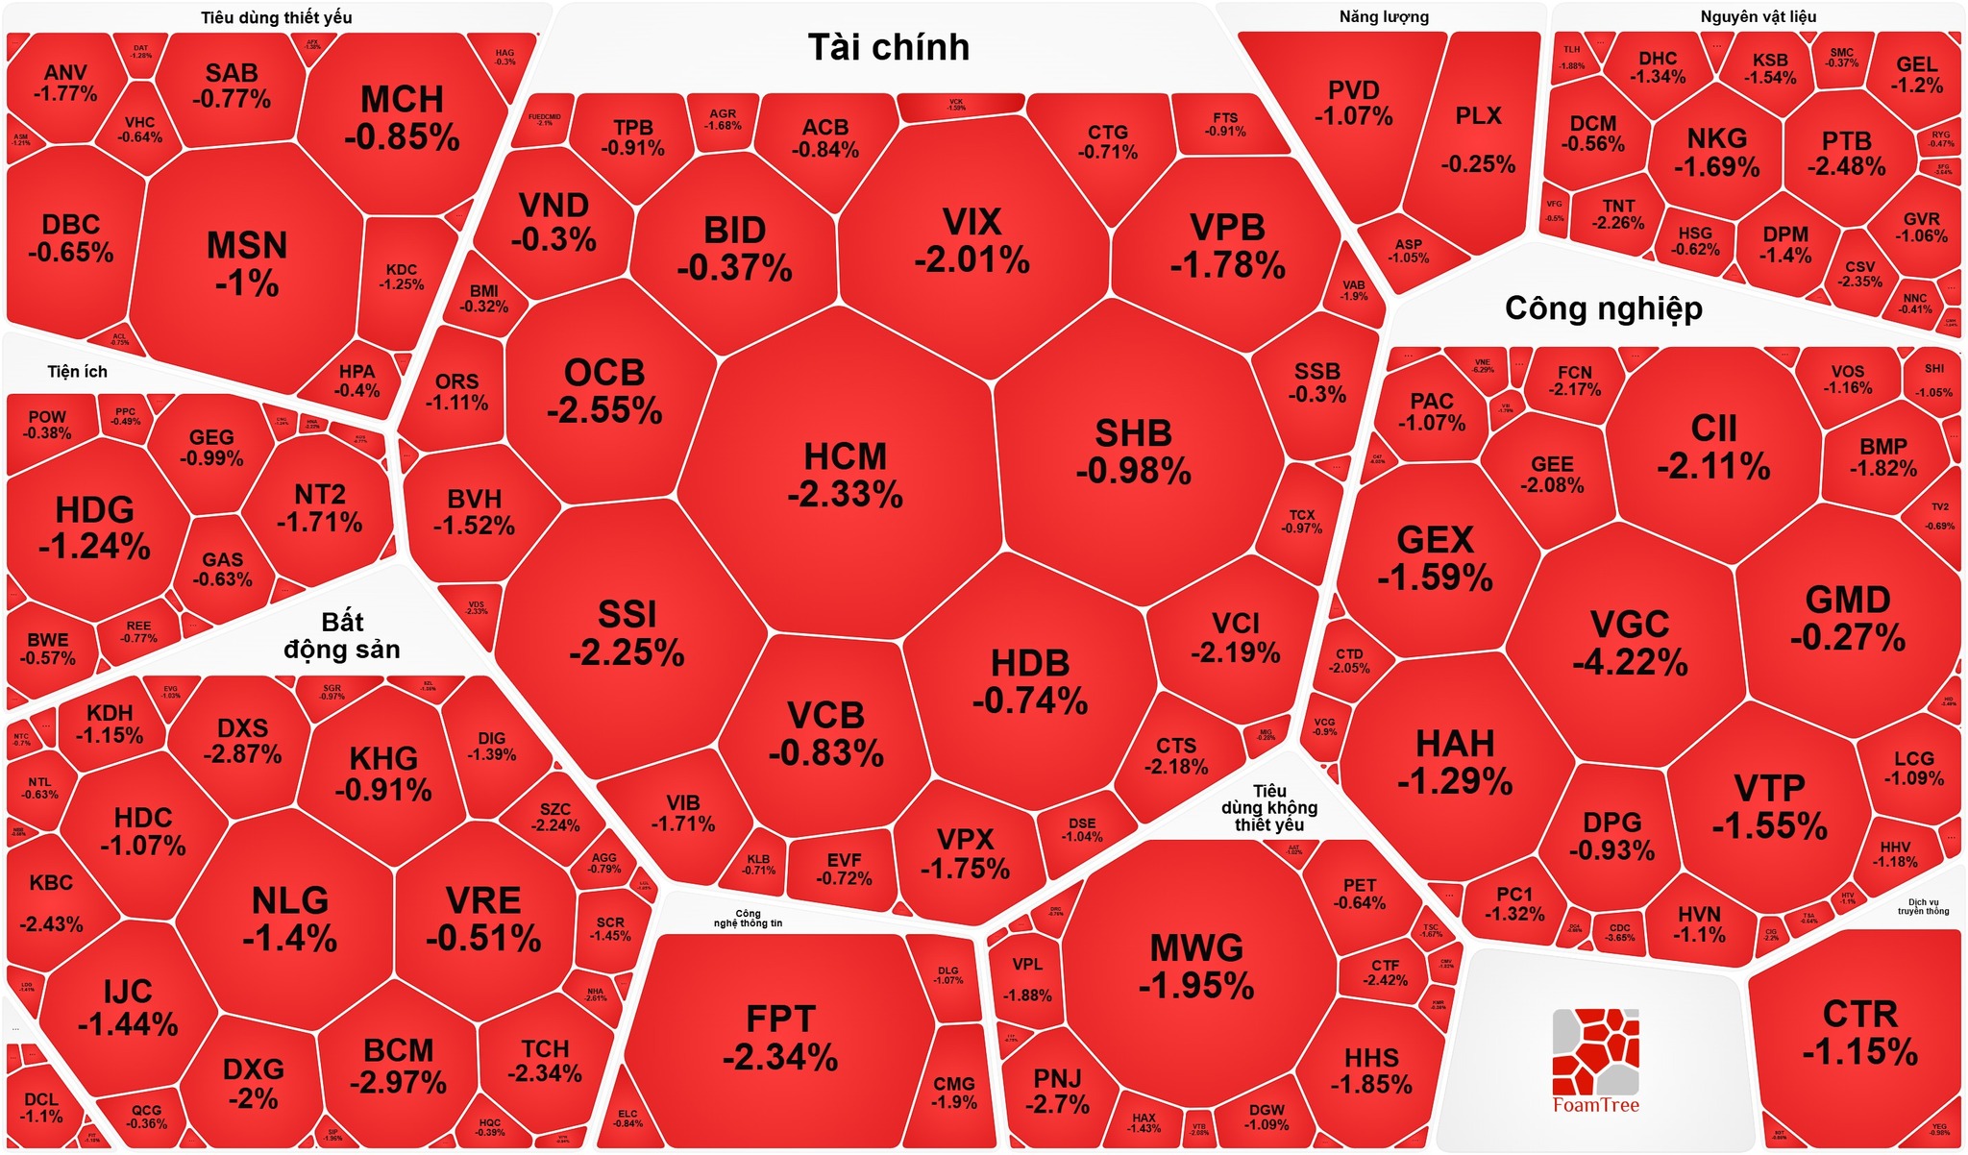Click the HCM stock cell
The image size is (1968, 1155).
coord(845,476)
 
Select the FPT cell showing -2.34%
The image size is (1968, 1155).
coord(780,1038)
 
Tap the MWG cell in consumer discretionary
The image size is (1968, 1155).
coord(1196,967)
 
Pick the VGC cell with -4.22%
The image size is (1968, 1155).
coord(1630,643)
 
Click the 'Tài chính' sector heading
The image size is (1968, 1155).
coord(888,48)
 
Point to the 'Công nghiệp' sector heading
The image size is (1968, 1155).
coord(1603,308)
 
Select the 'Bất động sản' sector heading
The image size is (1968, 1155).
coord(342,635)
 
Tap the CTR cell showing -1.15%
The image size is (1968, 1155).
coord(1859,1033)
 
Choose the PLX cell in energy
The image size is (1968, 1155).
coord(1478,139)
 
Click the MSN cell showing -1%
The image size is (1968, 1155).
coord(247,264)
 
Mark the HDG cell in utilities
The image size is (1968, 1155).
coord(94,528)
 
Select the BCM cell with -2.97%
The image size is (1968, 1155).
coord(398,1066)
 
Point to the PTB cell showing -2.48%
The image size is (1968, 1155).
coord(1846,154)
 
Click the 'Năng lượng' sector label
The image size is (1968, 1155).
coord(1384,17)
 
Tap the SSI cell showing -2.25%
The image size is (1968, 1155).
coord(627,633)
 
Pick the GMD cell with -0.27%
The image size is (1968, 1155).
coord(1847,618)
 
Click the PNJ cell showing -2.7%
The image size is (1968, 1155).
coord(1057,1092)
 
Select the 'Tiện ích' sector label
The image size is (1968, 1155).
coord(78,372)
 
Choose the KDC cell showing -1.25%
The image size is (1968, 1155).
coord(402,277)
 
